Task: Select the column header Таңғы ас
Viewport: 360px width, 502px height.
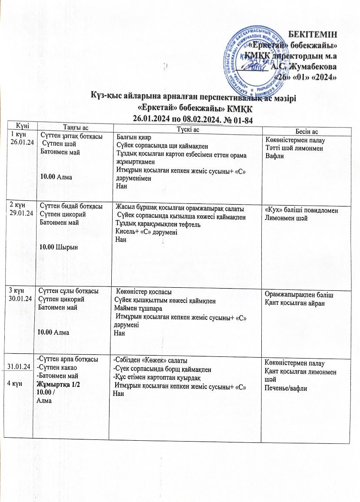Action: click(x=76, y=127)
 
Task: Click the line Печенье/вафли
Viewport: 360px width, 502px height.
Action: click(x=286, y=388)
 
